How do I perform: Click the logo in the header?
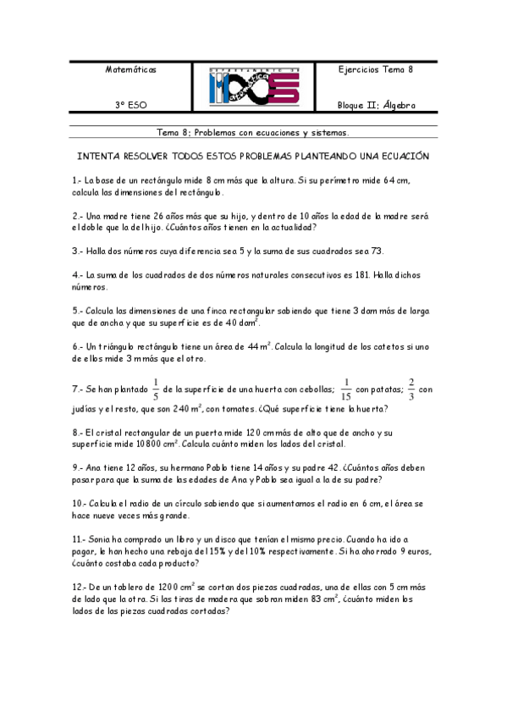(x=253, y=87)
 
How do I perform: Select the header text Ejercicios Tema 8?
(x=375, y=69)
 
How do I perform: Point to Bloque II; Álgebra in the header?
(x=376, y=106)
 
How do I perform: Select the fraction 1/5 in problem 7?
(x=156, y=389)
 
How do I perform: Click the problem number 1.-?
(x=77, y=180)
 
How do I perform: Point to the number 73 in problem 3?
(x=377, y=251)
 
